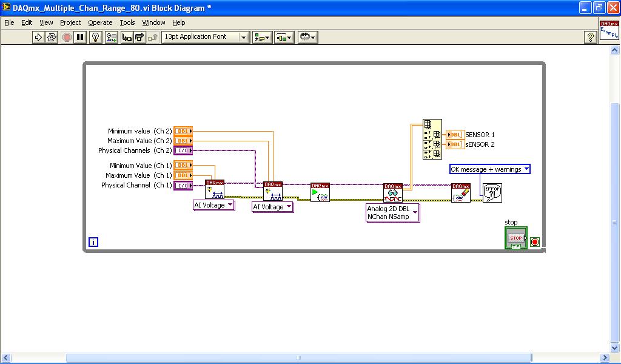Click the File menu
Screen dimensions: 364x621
click(9, 22)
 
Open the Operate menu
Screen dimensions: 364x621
click(100, 22)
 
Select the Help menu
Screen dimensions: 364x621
click(178, 22)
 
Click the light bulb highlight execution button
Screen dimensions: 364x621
click(95, 37)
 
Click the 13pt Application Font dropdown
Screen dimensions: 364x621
click(206, 37)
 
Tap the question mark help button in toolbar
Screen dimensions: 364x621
click(590, 37)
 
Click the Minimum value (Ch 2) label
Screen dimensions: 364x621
click(139, 131)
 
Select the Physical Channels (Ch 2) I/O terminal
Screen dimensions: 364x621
click(183, 150)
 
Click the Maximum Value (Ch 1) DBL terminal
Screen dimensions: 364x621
click(183, 175)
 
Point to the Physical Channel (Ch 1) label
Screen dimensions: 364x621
click(136, 185)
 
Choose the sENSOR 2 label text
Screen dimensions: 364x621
click(480, 144)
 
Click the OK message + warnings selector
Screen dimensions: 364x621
click(490, 169)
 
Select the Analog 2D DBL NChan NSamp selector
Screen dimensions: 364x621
click(393, 213)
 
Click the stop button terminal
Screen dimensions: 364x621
click(515, 238)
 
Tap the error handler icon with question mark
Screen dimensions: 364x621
click(492, 193)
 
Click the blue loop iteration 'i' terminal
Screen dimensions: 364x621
click(93, 242)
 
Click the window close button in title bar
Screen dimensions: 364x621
click(611, 8)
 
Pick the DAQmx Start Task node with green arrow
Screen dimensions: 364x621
click(320, 192)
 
